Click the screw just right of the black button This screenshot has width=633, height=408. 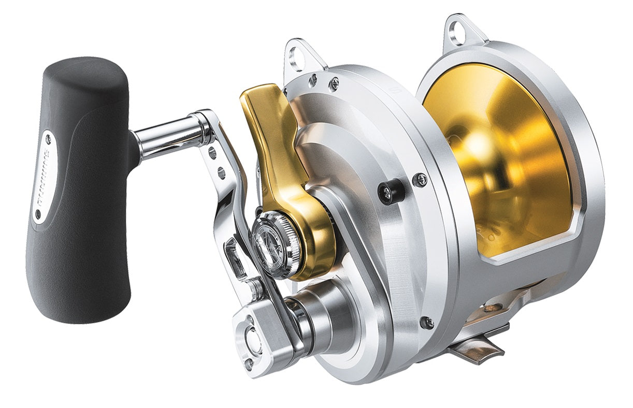point(420,180)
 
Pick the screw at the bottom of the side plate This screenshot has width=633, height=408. point(427,322)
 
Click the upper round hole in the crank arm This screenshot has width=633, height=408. point(212,151)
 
